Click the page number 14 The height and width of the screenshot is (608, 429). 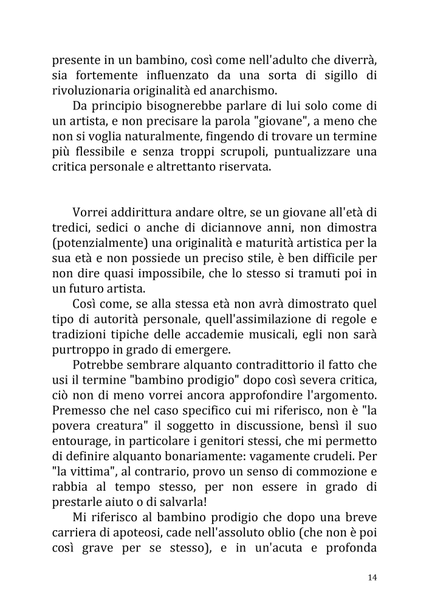click(372, 578)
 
